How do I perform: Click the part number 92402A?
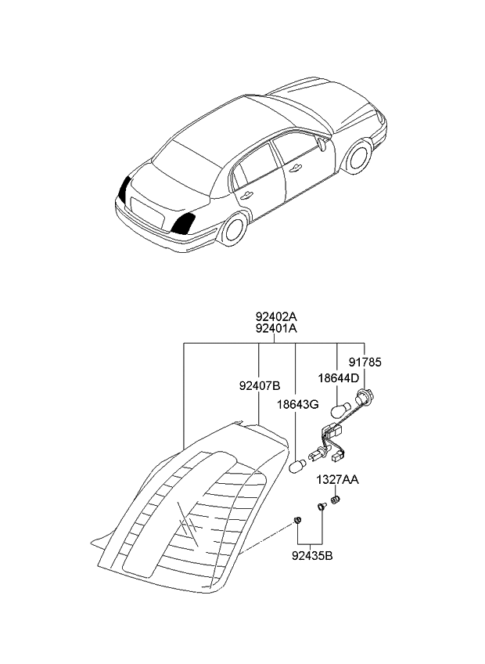click(x=276, y=317)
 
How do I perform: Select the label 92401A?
click(x=276, y=330)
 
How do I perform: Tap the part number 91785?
click(x=365, y=363)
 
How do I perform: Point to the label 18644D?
click(x=339, y=378)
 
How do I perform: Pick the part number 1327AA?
click(x=337, y=479)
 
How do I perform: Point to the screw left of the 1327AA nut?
click(x=321, y=508)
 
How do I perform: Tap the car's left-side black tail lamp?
click(x=124, y=190)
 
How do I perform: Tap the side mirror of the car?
click(x=322, y=143)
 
